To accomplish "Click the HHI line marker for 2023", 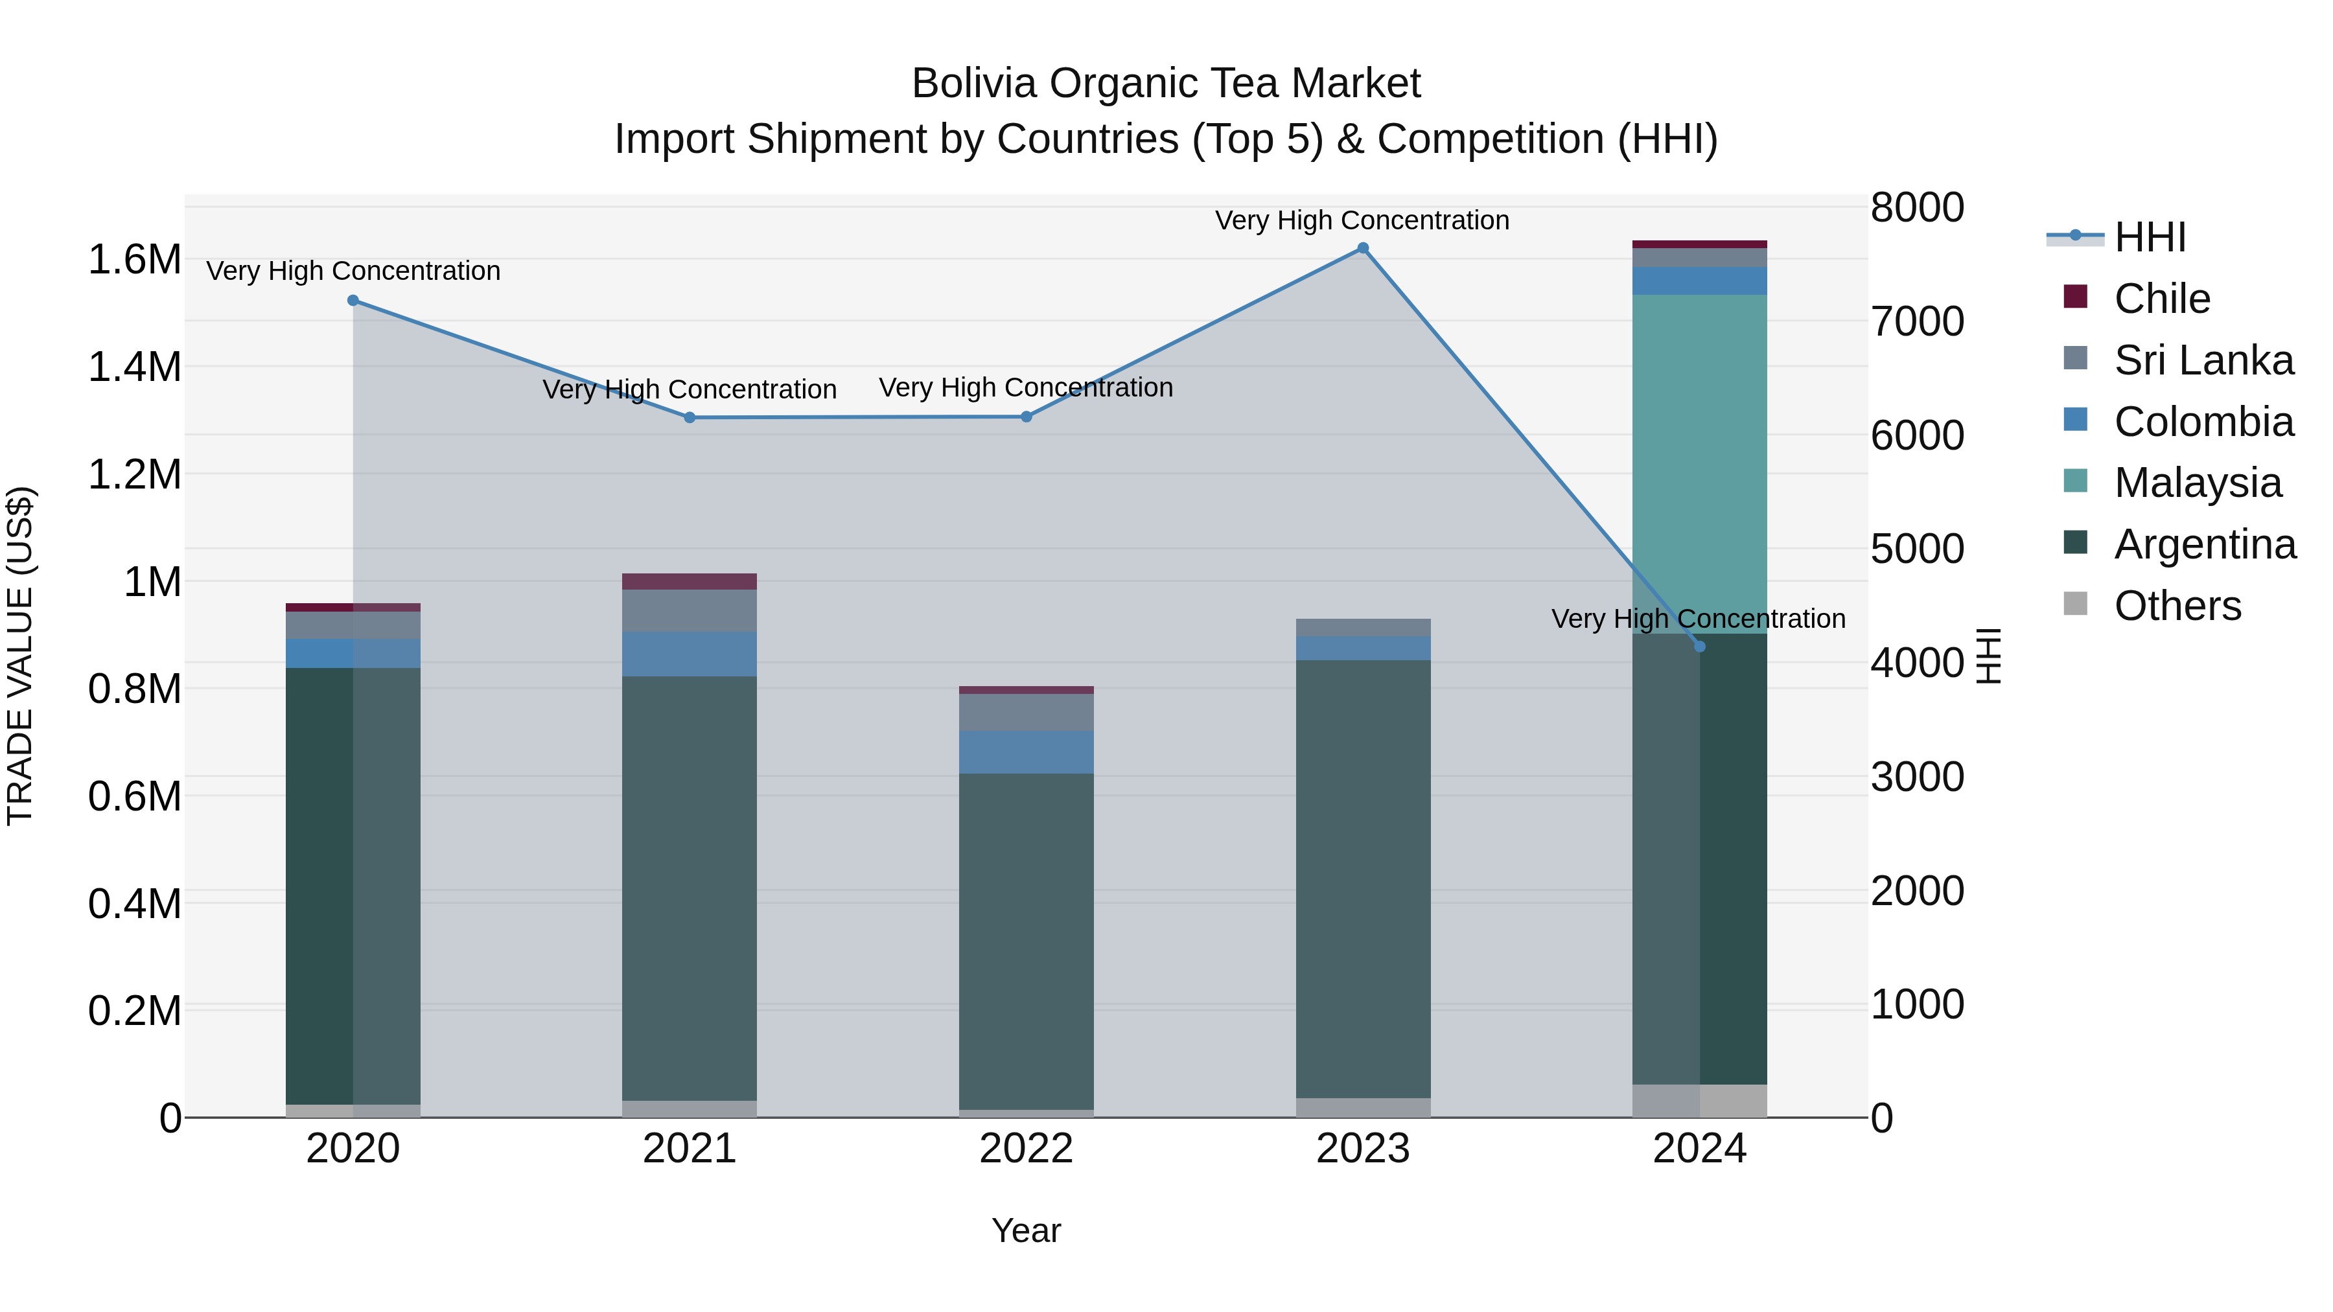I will (x=1362, y=248).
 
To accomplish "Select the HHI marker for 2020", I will (x=353, y=301).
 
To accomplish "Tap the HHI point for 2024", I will (x=1699, y=647).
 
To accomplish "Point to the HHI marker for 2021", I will (x=690, y=417).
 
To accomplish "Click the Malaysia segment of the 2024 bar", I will (x=1699, y=462).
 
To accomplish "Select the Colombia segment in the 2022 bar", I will (x=1026, y=752).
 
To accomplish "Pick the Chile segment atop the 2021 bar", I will (x=690, y=581).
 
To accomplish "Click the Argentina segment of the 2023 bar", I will (x=1362, y=879).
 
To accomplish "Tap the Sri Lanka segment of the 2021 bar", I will (x=690, y=610).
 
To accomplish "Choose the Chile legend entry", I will (x=2162, y=298).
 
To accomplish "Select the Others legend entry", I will (x=2177, y=606).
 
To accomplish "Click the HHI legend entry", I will (x=2149, y=237).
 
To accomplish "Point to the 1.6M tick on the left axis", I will (x=134, y=260).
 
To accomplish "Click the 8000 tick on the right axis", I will (x=1916, y=207).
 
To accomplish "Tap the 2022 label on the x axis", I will (x=1026, y=1149).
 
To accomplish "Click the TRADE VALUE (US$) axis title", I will (x=20, y=656).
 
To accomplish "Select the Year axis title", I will (x=1026, y=1230).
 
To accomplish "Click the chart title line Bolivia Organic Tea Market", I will (x=1166, y=84).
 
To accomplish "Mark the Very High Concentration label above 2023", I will (x=1362, y=220).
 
